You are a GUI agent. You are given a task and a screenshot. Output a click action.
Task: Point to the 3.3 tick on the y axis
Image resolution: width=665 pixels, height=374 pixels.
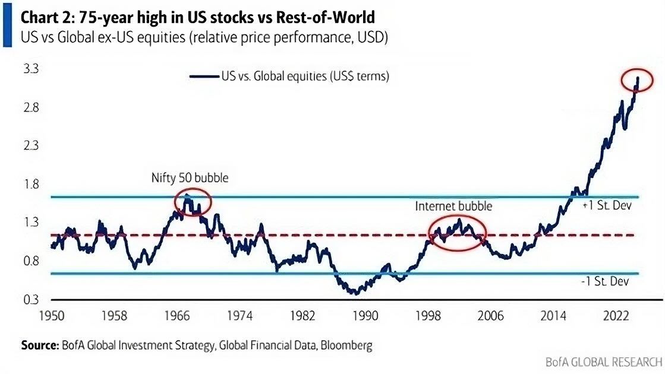[30, 69]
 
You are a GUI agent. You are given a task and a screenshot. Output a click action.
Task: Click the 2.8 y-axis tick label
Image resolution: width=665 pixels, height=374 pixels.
[30, 107]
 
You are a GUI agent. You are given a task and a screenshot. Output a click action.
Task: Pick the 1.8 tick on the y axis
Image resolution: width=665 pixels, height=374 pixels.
[30, 184]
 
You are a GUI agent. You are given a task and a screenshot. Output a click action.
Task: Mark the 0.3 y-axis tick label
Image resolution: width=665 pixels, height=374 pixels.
[30, 299]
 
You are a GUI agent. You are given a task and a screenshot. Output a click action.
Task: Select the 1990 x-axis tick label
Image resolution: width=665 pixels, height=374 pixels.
[365, 316]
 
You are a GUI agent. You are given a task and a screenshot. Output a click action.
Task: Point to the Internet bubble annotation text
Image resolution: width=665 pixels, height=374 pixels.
[453, 206]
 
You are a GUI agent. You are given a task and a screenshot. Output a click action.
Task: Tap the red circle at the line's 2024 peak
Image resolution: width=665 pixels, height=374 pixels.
[637, 80]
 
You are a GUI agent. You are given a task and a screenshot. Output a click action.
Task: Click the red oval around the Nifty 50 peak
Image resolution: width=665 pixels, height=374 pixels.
[193, 203]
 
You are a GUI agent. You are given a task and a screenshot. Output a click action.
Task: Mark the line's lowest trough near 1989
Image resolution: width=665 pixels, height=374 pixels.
[355, 292]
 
